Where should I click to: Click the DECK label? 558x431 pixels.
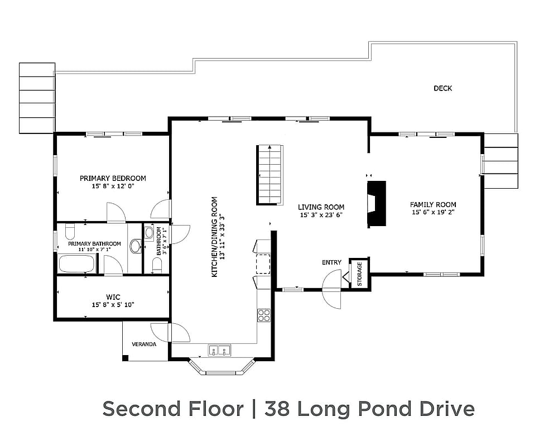442,88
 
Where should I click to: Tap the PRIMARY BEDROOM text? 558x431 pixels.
113,179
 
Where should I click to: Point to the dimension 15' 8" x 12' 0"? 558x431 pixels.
113,186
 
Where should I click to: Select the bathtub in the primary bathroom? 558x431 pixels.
76,264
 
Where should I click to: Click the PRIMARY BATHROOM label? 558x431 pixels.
94,244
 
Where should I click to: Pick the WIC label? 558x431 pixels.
113,296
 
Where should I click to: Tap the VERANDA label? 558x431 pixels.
144,344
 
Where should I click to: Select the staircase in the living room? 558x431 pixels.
271,174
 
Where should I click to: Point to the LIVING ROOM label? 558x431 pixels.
321,207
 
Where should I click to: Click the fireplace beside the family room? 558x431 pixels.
376,203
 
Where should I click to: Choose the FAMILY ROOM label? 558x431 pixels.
433,205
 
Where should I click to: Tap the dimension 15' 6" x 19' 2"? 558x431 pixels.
433,213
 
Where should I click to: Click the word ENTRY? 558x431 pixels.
331,262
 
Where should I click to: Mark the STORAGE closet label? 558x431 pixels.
359,274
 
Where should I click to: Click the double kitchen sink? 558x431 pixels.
220,351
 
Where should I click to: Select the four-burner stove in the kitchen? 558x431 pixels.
263,315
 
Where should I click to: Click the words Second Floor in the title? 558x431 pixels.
173,409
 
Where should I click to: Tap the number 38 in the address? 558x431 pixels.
278,409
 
